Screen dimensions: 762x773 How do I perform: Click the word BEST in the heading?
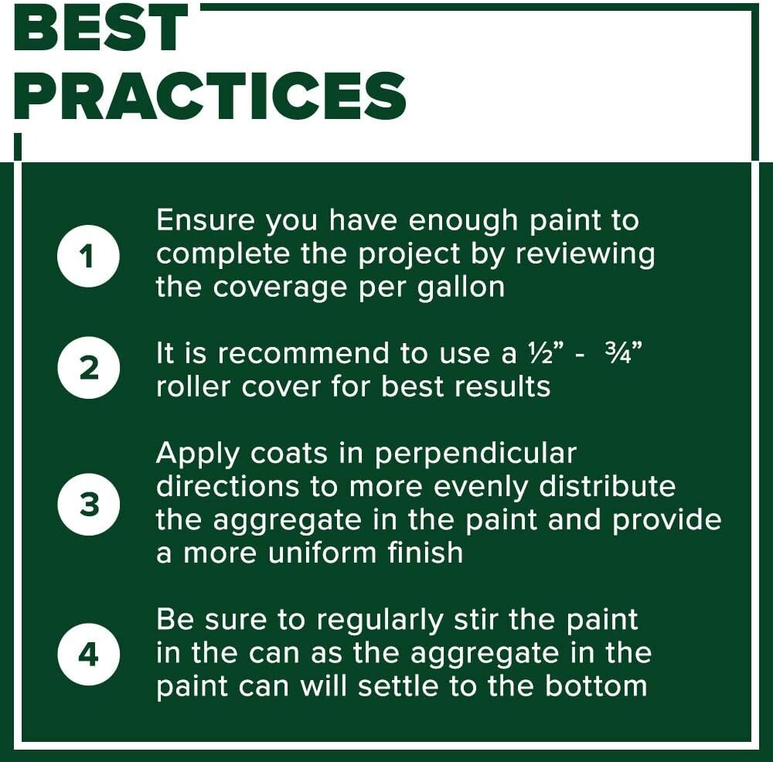tap(100, 29)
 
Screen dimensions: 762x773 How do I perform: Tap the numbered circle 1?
tap(88, 255)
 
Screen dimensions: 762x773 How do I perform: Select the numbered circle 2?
tap(88, 369)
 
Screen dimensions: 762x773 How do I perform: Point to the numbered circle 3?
tap(88, 504)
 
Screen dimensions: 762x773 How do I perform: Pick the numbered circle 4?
tap(88, 655)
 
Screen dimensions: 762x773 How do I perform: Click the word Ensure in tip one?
tap(206, 221)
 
